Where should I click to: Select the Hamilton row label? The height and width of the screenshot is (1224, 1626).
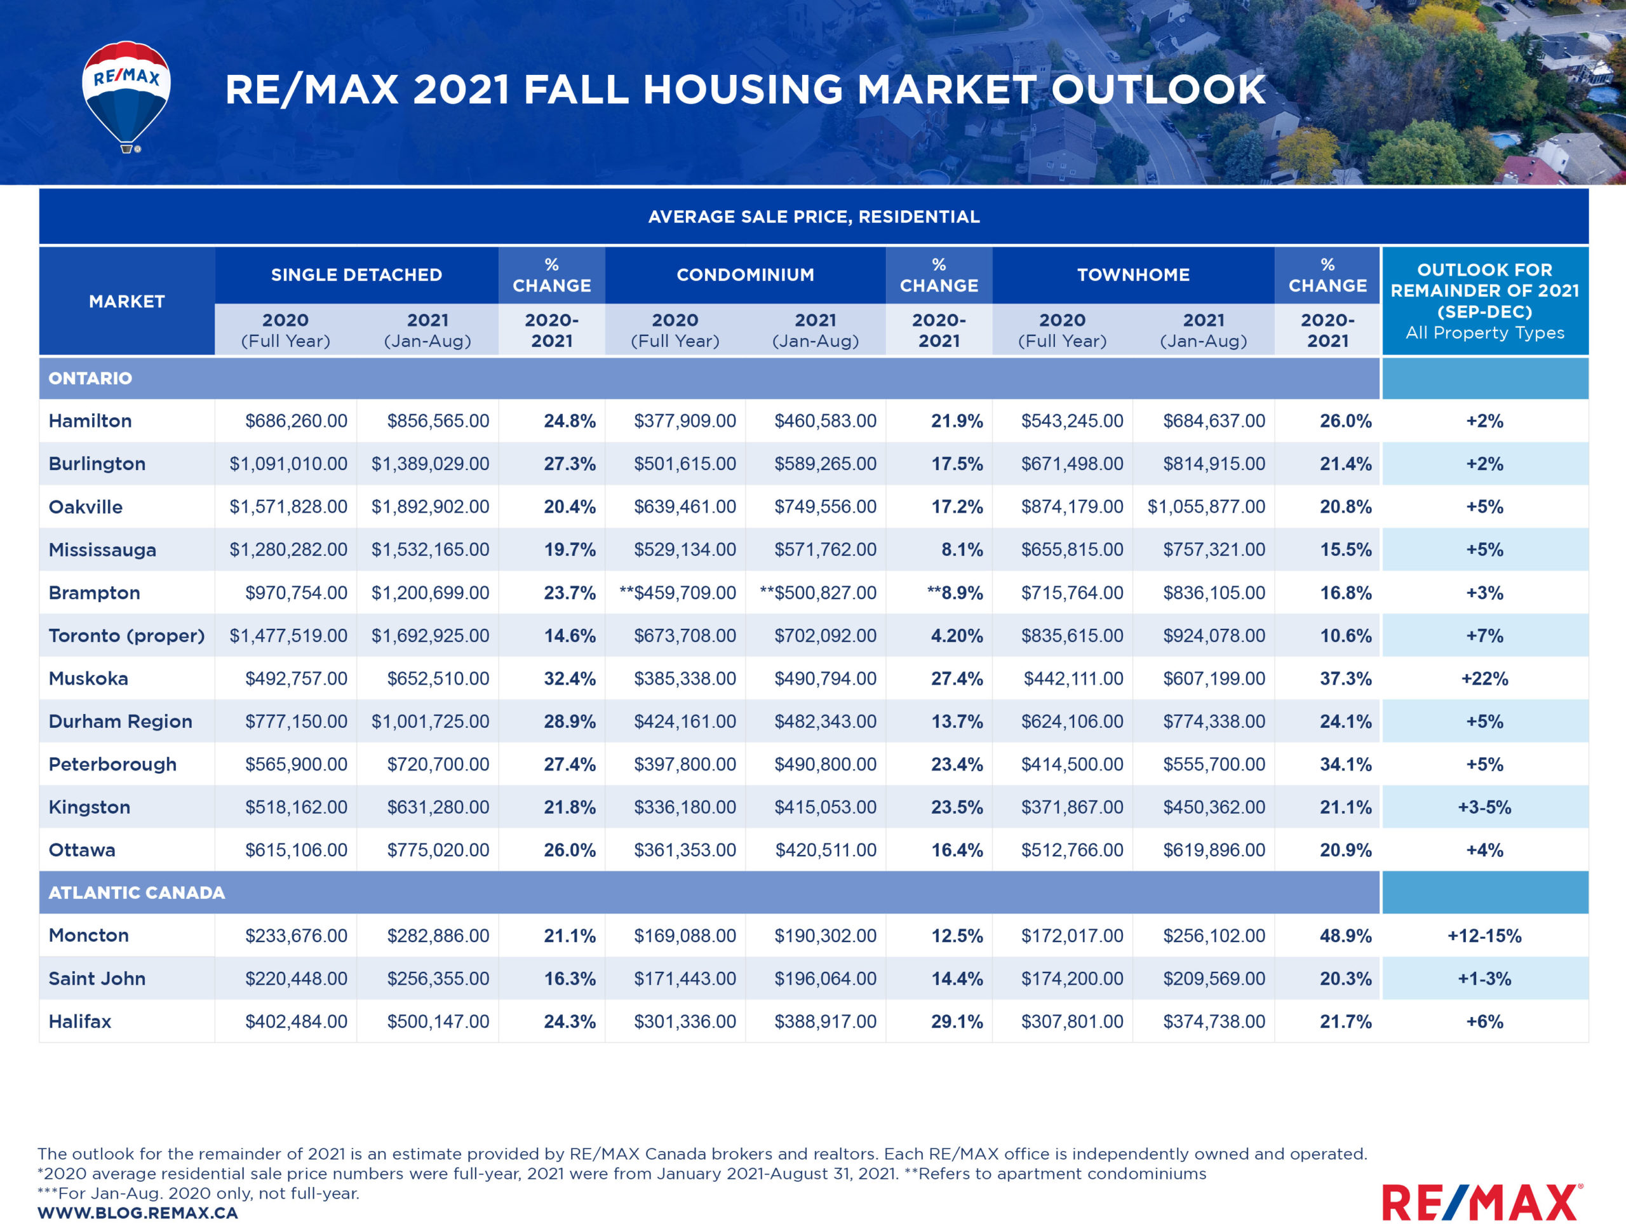(x=90, y=421)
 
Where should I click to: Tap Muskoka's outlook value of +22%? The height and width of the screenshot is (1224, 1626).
(x=1484, y=678)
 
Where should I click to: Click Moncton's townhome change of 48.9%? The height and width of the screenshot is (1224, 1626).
(x=1345, y=936)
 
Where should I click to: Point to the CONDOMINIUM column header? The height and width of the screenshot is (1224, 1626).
(x=746, y=275)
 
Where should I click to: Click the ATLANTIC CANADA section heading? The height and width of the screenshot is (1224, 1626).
(x=137, y=892)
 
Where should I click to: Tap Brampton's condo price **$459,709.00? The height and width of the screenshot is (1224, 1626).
(x=678, y=593)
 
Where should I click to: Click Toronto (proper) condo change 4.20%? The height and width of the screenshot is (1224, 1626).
(x=957, y=636)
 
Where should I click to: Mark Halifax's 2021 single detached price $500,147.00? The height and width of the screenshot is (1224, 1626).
(x=438, y=1022)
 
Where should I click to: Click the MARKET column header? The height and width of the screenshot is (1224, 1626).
(x=127, y=302)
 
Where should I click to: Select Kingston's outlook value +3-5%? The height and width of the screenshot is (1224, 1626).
(x=1484, y=807)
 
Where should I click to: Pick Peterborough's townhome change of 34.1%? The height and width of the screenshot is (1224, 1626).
(x=1345, y=765)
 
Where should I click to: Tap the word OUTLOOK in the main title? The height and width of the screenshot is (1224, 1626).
(x=1159, y=90)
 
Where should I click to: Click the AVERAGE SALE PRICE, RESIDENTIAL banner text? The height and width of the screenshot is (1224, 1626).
(x=814, y=217)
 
